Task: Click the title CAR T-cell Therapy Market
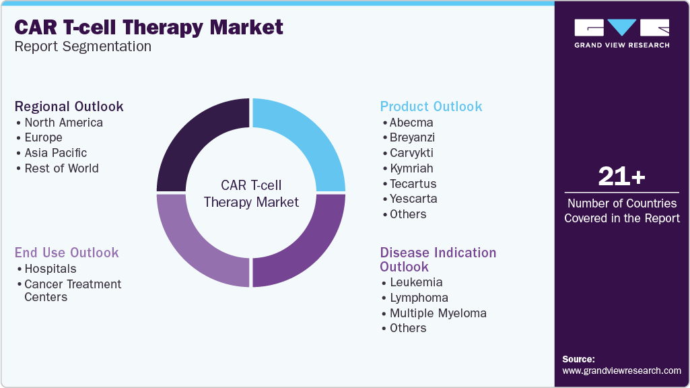(x=149, y=28)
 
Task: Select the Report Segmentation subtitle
(x=83, y=46)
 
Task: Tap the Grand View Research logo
(x=621, y=33)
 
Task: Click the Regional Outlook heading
(x=69, y=106)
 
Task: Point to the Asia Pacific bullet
(x=56, y=153)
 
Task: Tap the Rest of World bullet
(x=61, y=168)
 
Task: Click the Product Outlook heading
(x=431, y=106)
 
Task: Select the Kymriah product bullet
(x=411, y=168)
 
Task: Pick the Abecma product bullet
(x=411, y=123)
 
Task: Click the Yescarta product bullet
(x=413, y=199)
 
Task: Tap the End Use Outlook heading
(x=67, y=253)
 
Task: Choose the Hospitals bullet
(x=50, y=269)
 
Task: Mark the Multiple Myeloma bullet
(x=438, y=313)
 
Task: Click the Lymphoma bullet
(x=419, y=298)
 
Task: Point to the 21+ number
(x=621, y=177)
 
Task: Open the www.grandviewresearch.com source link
(x=621, y=370)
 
